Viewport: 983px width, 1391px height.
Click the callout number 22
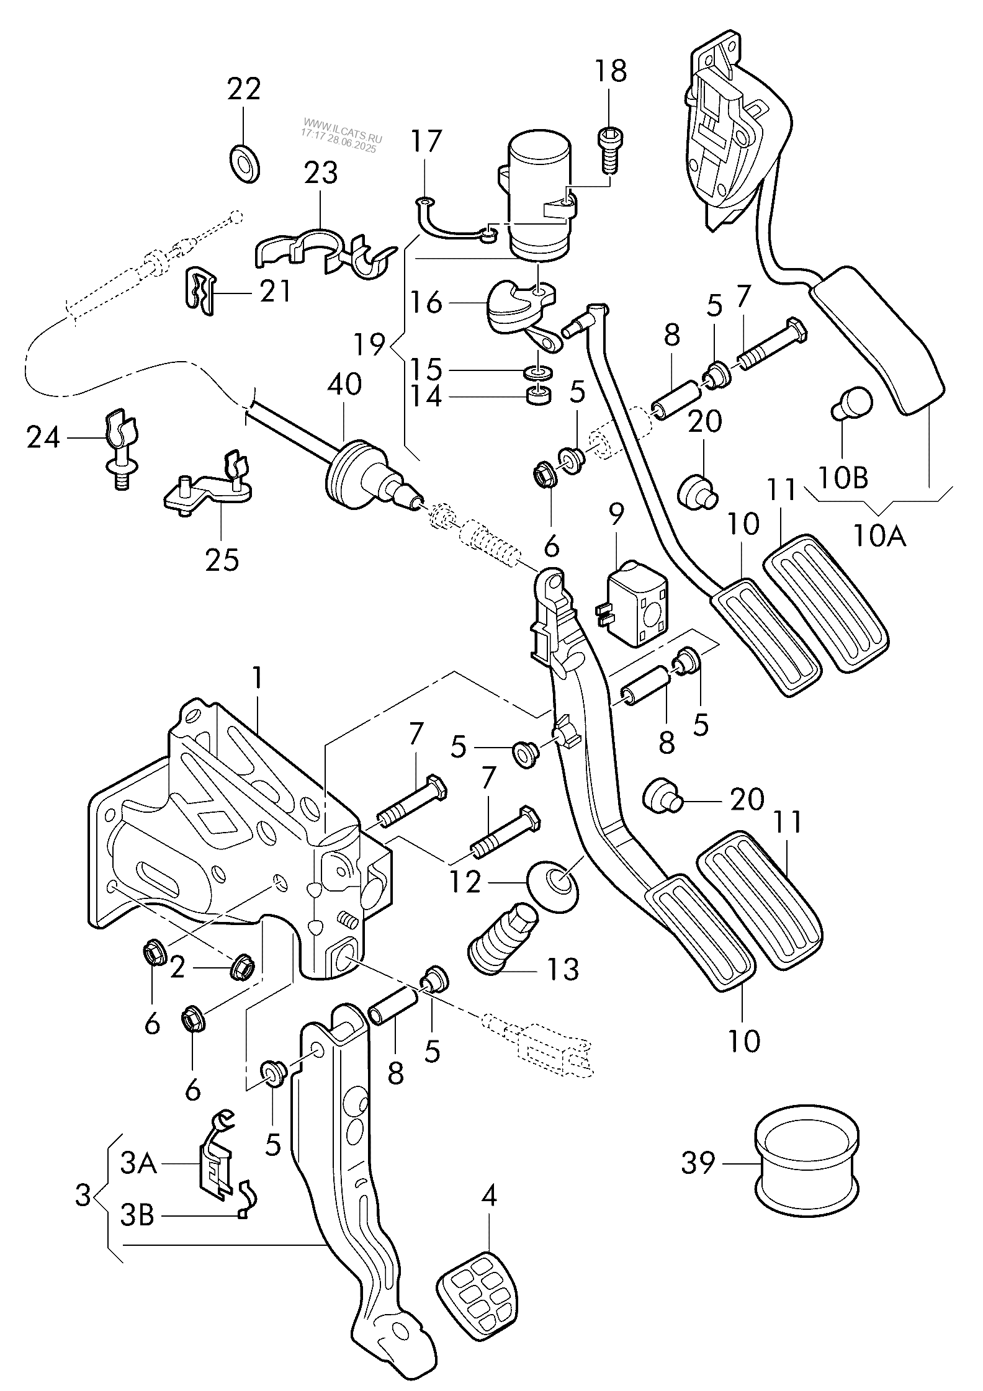244,89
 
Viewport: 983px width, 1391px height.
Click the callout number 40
344,385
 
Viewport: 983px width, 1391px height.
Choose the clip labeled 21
202,288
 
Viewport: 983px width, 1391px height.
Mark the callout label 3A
138,1165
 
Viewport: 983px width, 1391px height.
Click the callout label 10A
879,535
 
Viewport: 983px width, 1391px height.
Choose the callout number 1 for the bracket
257,679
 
